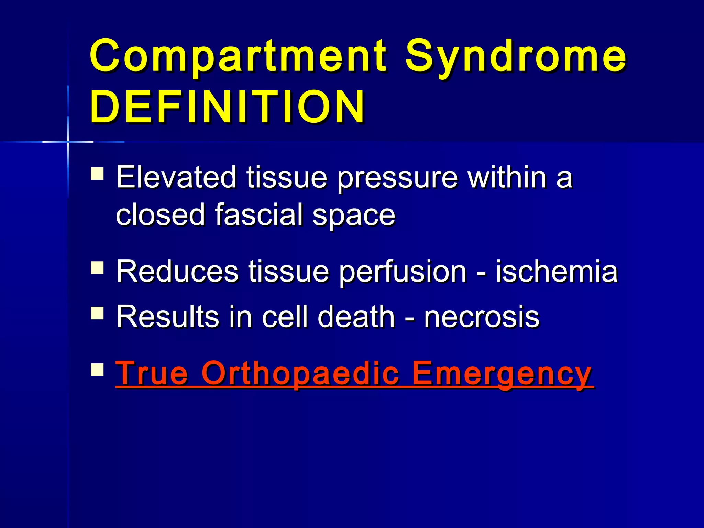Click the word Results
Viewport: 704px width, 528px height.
tap(167, 317)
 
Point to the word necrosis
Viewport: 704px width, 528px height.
tap(481, 317)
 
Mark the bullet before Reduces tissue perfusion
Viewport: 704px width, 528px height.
tap(97, 267)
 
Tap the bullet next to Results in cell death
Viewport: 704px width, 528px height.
tap(97, 313)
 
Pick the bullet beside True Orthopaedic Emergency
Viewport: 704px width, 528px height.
tap(97, 370)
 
